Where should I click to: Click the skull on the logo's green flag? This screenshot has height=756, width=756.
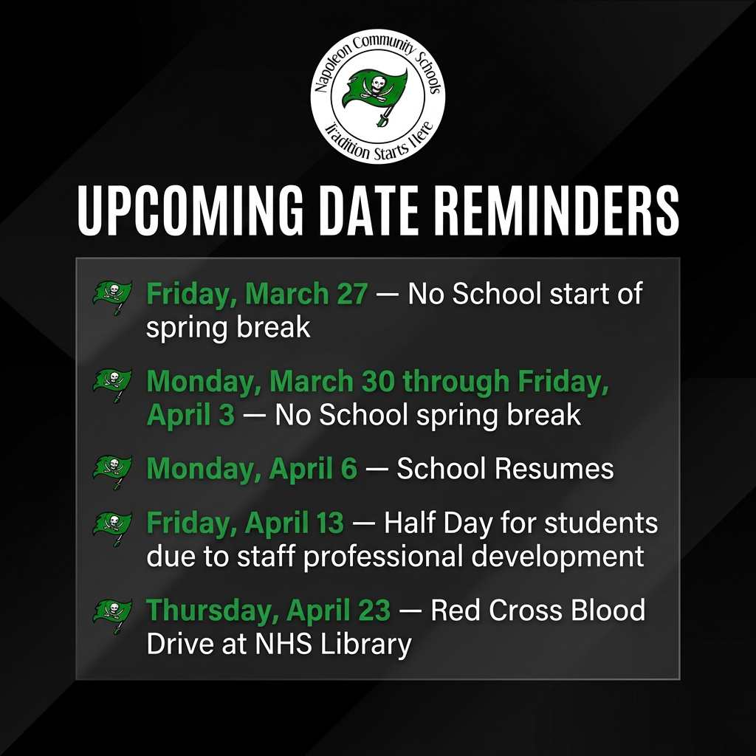(x=378, y=82)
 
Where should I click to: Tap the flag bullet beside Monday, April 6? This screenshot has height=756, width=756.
(x=112, y=470)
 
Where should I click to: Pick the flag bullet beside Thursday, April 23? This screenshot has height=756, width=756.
(x=112, y=614)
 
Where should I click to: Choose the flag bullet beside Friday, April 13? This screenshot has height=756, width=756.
(x=112, y=526)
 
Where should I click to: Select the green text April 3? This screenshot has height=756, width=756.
(x=190, y=415)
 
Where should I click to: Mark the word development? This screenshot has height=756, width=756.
(x=558, y=556)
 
